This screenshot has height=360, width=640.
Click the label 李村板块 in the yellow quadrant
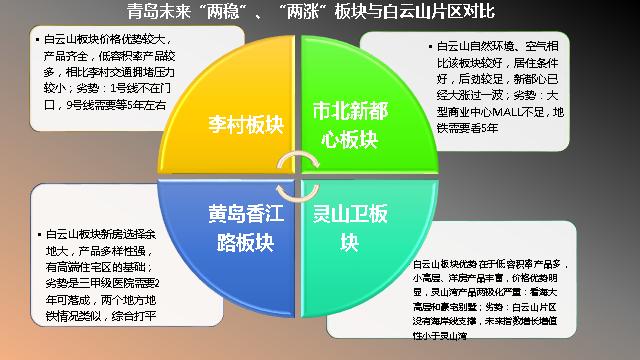point(244,127)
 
